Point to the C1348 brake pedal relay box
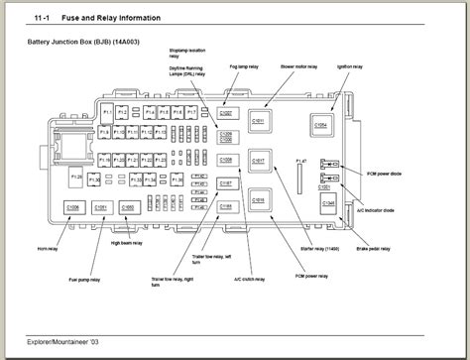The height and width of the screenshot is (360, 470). tap(328, 202)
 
